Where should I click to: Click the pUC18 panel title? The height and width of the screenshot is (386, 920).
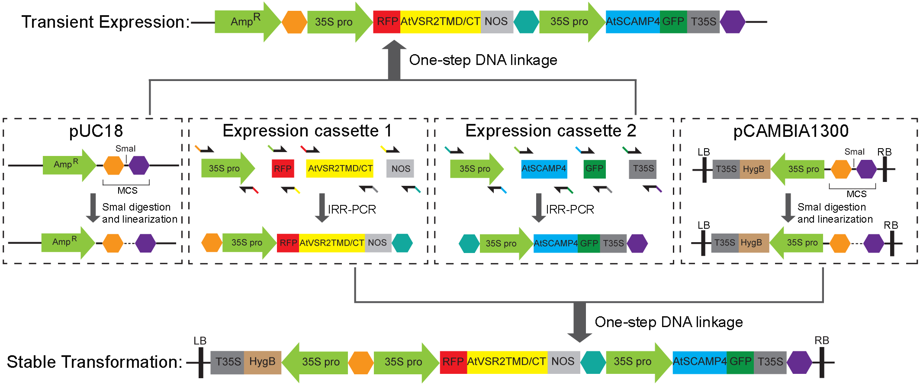[96, 131]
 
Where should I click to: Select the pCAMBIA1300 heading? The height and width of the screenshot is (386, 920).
[791, 131]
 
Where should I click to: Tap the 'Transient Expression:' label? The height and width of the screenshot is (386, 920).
[106, 22]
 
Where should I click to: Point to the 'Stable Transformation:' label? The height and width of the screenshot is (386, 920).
[95, 362]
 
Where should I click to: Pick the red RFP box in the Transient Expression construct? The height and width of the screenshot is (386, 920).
[387, 22]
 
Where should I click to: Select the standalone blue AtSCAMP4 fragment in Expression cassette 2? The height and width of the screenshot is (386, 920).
[544, 169]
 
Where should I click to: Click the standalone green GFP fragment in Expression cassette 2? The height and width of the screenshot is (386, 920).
[594, 169]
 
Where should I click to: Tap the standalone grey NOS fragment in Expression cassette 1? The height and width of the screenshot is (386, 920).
[400, 169]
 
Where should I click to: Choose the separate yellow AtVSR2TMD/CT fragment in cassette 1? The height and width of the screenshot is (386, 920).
[340, 169]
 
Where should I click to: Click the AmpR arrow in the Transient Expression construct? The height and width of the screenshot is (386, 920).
[247, 22]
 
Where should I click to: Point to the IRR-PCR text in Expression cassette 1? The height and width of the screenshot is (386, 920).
[352, 210]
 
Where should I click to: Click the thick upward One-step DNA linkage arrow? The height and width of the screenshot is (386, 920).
[394, 61]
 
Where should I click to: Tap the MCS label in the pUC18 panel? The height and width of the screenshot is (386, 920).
[127, 191]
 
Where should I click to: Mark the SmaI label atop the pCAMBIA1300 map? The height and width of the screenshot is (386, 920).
[854, 152]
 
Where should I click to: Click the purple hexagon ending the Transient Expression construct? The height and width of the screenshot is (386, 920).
[733, 22]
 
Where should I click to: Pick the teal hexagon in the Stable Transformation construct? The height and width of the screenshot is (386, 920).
[593, 362]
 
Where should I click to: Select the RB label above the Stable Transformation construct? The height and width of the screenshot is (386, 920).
[821, 341]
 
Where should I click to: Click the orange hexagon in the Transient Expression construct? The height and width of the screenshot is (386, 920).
[294, 22]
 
